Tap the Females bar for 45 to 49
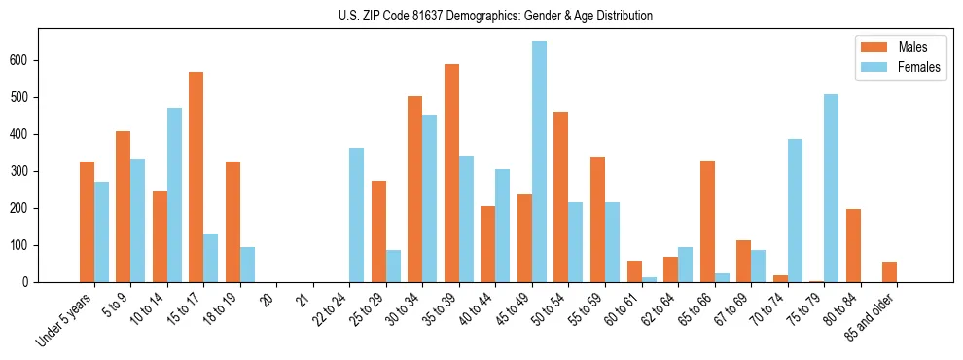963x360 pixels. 539,162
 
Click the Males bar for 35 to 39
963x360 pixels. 451,173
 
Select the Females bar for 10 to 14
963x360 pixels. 174,195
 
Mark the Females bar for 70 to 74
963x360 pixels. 795,210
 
